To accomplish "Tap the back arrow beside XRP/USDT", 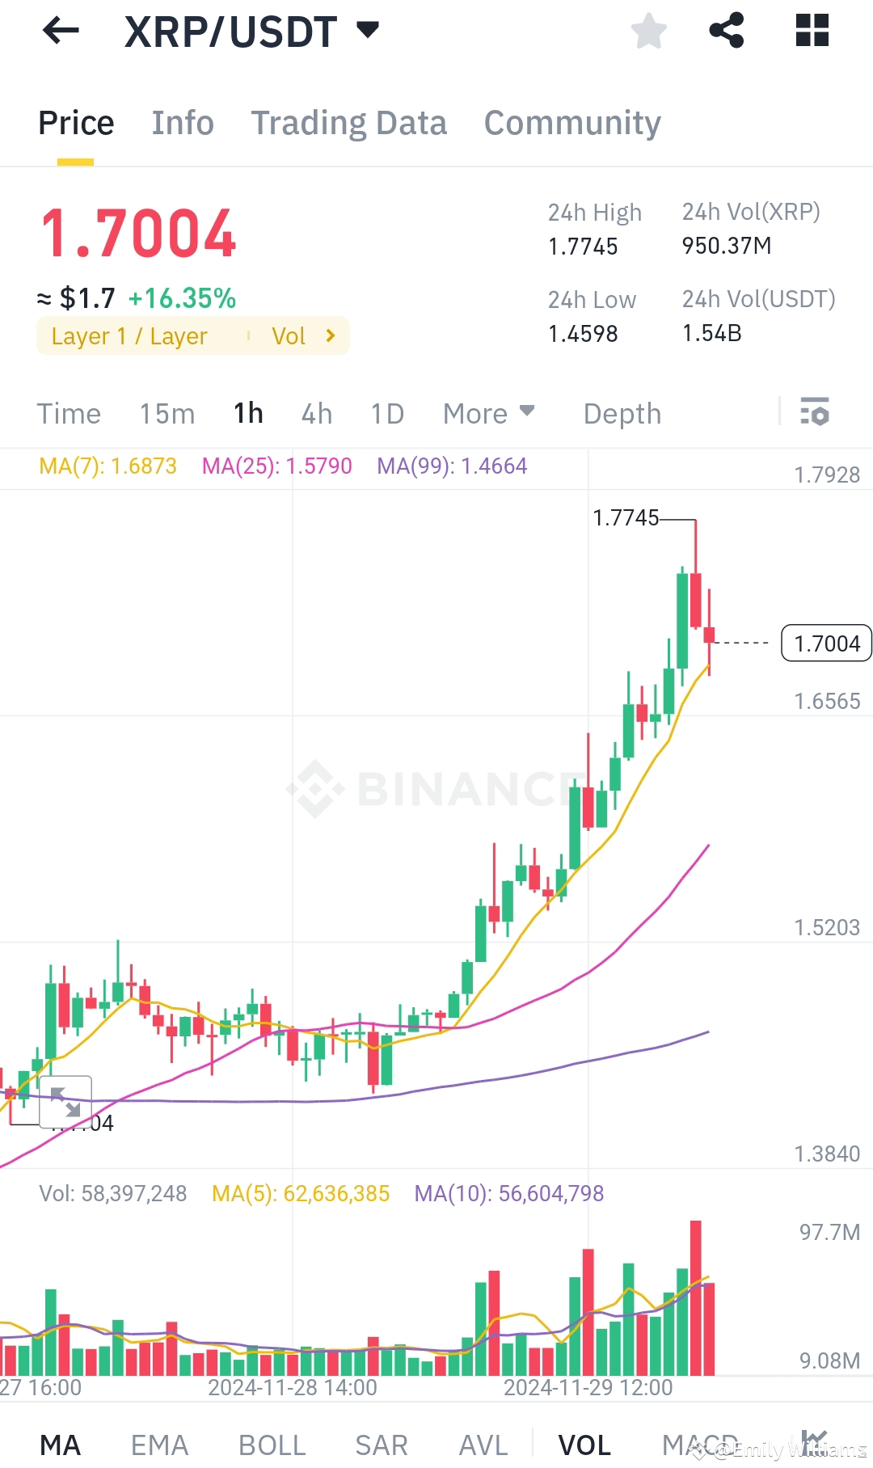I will click(x=61, y=32).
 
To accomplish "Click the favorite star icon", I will click(x=648, y=32).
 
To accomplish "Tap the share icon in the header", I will click(x=726, y=31).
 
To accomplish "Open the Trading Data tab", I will click(x=348, y=123).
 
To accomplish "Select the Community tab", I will click(x=572, y=123).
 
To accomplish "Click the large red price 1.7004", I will click(x=138, y=234).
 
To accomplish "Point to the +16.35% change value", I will click(x=182, y=298).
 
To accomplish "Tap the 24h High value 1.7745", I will click(x=583, y=247).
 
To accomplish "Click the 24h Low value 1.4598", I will click(x=583, y=334).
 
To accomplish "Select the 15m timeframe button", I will click(x=167, y=414).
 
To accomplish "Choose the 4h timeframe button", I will click(x=316, y=414).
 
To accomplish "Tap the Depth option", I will click(x=622, y=414).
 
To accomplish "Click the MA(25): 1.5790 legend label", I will click(x=276, y=466).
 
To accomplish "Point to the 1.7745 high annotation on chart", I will click(x=626, y=518).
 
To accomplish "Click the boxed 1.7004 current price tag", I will click(x=826, y=643).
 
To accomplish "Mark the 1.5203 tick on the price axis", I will click(x=826, y=927).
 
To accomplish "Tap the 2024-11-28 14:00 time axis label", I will click(x=292, y=1388).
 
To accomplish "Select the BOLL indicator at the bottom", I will click(x=272, y=1445).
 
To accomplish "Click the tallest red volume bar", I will click(x=695, y=1297).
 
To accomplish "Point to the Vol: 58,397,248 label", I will click(x=112, y=1194).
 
